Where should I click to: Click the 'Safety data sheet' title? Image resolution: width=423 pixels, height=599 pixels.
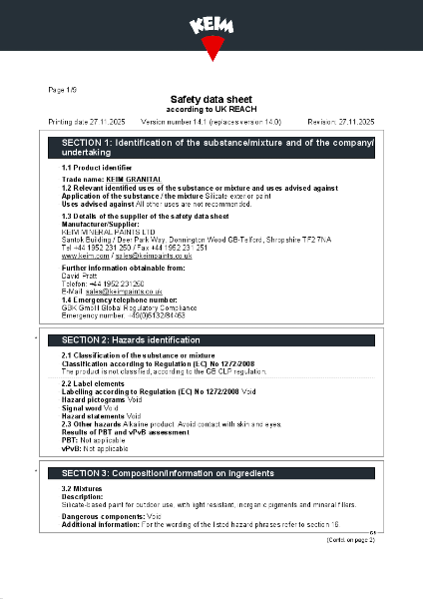click(x=211, y=100)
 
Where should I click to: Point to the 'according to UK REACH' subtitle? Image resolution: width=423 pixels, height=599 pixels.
click(x=211, y=109)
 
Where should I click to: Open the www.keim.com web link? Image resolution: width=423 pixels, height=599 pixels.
click(x=84, y=257)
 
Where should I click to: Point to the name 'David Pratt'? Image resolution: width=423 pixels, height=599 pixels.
click(x=82, y=276)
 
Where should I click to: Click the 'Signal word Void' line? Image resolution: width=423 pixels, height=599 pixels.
click(x=91, y=408)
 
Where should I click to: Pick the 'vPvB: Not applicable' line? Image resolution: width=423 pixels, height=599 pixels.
click(x=96, y=451)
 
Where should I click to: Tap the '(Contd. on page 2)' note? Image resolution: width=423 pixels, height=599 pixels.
click(x=351, y=540)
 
